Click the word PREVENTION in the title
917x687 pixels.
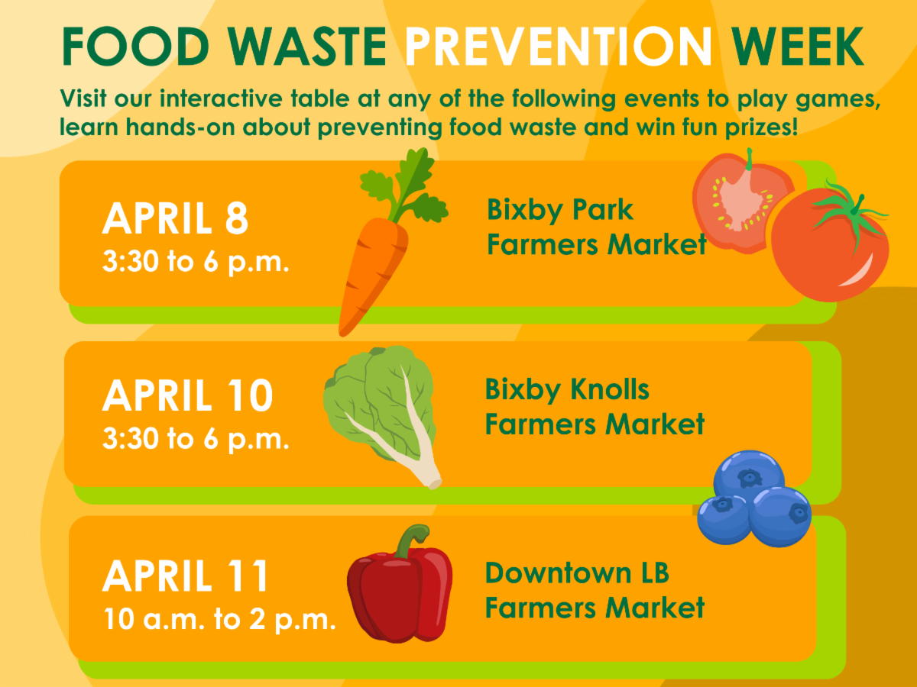point(559,46)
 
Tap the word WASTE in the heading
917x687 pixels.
point(307,46)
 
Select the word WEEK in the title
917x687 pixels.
point(797,46)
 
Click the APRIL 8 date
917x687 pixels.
point(176,218)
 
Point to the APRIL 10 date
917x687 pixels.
point(187,395)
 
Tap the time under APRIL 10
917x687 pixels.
point(196,440)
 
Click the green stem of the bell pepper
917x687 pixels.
point(411,540)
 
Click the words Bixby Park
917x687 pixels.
point(560,210)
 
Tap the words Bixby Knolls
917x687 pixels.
point(567,390)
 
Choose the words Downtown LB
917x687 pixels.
point(576,572)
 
